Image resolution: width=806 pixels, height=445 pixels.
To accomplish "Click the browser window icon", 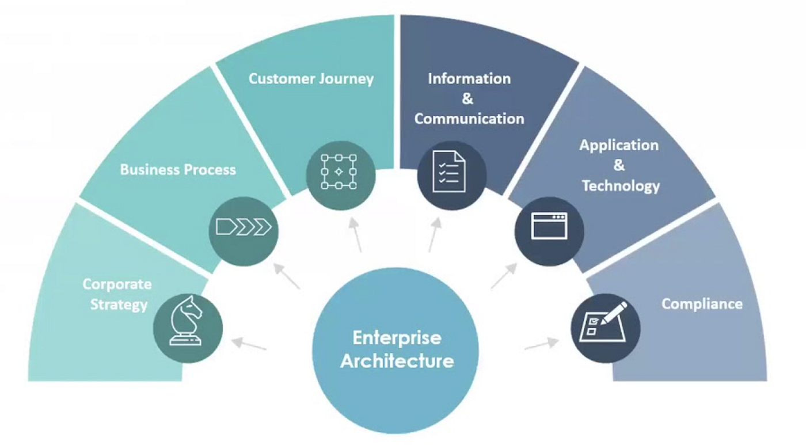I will pos(549,226).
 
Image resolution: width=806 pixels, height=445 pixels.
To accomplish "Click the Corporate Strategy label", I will pos(117,294).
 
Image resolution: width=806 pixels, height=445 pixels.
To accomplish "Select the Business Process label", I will pos(178,170).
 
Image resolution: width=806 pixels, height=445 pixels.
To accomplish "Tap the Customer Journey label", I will pos(311,79).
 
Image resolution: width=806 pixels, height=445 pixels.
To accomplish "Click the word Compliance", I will pos(702,304).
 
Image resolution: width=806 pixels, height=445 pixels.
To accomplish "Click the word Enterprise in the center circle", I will pos(397,337).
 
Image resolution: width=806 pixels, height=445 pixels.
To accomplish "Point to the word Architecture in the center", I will pos(397,362).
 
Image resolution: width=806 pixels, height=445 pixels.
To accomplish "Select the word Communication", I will pos(469,119).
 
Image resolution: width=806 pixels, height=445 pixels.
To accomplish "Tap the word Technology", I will pos(621,186).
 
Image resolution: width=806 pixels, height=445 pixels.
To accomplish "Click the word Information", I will pos(469,78).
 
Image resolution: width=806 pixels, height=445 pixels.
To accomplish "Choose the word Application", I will pos(619,145).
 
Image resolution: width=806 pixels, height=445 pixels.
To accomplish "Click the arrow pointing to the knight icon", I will pos(249,344).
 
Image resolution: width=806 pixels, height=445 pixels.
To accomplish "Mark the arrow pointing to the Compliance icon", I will pos(542,344).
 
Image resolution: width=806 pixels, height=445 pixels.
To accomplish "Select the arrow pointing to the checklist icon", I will pos(435,234).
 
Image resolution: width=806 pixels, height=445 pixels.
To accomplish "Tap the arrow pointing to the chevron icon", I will pos(286,275).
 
